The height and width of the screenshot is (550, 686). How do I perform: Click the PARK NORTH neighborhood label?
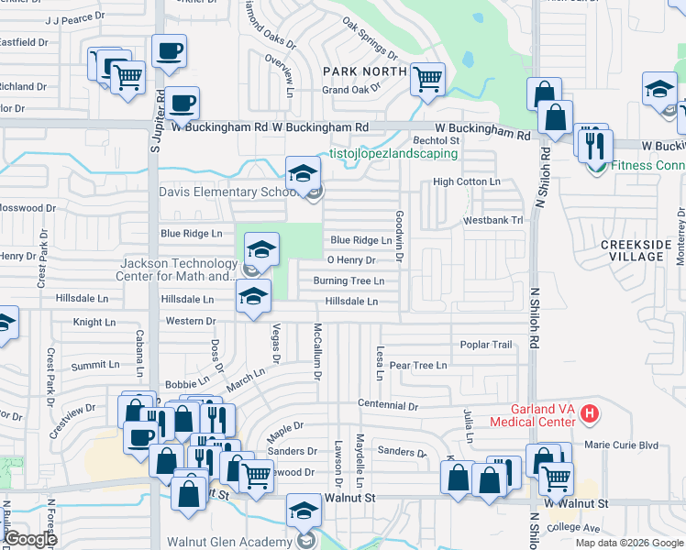365,71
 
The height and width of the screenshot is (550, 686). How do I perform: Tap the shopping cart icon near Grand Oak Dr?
427,80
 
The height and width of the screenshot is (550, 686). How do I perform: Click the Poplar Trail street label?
486,345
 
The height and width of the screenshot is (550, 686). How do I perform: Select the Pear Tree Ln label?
418,365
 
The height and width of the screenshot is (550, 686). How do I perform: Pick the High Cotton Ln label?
467,181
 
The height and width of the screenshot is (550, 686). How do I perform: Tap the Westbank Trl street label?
492,220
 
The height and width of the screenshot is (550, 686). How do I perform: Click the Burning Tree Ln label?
348,280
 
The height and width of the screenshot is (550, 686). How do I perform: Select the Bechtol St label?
436,140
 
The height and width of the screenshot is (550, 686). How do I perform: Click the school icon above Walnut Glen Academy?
304,510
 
